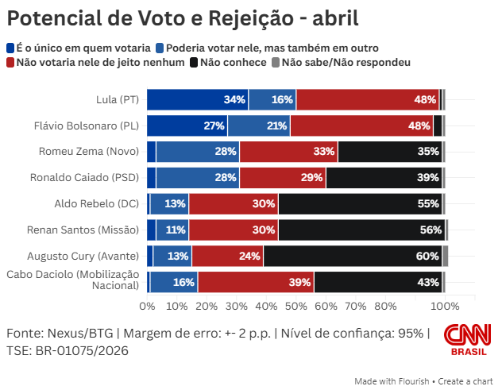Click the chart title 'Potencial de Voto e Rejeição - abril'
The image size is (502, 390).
171,18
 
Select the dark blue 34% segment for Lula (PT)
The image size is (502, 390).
198,100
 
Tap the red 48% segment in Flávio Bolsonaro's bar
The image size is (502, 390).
361,125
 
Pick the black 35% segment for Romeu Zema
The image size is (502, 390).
389,152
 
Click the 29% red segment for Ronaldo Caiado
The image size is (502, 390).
283,178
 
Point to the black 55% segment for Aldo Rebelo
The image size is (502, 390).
360,204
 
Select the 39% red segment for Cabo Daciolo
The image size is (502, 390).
256,282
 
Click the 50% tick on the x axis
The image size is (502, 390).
296,306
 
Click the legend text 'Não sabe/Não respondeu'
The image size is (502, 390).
346,62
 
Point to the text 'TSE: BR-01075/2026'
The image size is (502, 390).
68,349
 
